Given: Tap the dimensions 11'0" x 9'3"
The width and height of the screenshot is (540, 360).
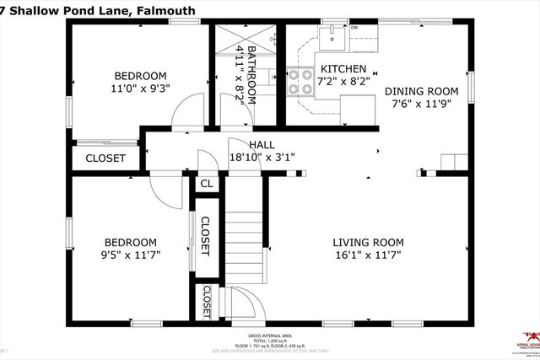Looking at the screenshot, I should click(140, 87).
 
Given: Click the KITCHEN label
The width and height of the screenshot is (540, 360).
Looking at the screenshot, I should click(343, 69).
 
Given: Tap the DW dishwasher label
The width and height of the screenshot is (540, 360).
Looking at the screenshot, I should click(354, 28).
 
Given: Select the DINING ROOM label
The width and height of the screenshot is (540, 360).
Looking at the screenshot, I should click(421, 91).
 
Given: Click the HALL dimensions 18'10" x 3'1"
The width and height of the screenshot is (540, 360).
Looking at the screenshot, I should click(262, 157).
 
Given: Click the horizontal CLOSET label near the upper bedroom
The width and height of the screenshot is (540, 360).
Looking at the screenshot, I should click(105, 158).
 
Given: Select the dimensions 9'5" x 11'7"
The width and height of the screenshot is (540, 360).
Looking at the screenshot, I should click(130, 253).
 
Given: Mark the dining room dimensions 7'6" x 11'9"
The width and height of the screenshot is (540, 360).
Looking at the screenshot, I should click(421, 105).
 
